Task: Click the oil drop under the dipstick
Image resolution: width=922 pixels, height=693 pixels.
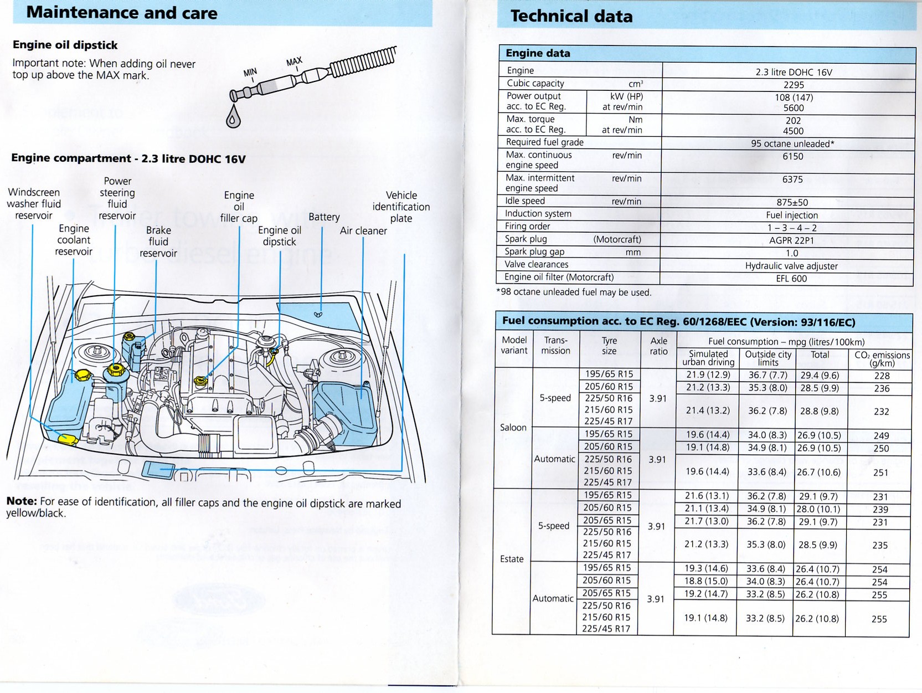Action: coord(233,118)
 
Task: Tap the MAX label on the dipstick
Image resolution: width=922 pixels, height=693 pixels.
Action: coord(295,61)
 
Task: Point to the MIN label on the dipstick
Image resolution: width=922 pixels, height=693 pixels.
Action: coord(250,73)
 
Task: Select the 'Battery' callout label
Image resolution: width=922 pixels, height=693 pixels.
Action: coord(324,217)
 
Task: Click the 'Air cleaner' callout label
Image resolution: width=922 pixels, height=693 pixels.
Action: coord(363,231)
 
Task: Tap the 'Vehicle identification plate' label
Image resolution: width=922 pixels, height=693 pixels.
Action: coord(401,207)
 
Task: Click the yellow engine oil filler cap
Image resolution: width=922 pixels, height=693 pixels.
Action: coord(201,381)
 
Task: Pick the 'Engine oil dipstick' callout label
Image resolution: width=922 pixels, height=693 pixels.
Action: coord(280,236)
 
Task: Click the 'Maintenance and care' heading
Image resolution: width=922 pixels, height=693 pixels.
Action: coord(122,13)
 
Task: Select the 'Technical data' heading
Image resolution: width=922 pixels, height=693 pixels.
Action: coord(571,16)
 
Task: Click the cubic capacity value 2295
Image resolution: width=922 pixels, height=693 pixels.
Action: coord(794,85)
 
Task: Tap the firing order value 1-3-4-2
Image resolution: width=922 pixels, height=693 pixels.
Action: coord(792,228)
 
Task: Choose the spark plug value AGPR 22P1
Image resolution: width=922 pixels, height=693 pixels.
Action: coord(792,240)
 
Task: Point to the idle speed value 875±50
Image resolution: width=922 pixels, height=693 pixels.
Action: coord(792,203)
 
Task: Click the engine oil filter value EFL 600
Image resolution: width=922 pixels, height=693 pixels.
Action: coord(791,279)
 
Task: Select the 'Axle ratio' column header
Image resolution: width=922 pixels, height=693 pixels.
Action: coord(658,346)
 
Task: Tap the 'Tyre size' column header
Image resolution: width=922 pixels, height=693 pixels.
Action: coord(609,346)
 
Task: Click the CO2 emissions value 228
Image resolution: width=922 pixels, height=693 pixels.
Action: coord(882,376)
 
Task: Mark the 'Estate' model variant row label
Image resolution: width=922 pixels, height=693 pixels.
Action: coord(512,559)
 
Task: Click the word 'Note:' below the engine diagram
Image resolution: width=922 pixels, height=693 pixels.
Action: coord(22,501)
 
